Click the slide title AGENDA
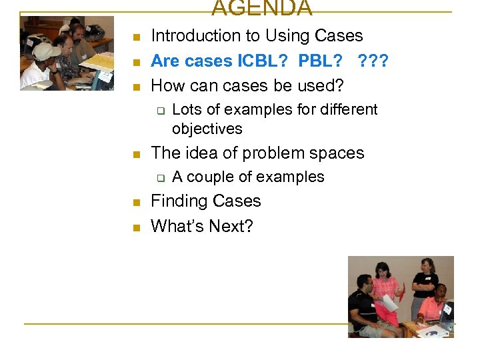262,8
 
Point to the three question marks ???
373,61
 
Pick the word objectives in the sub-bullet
207,129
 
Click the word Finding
178,201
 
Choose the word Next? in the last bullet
231,227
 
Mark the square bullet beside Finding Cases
136,202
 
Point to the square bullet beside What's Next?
136,227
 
